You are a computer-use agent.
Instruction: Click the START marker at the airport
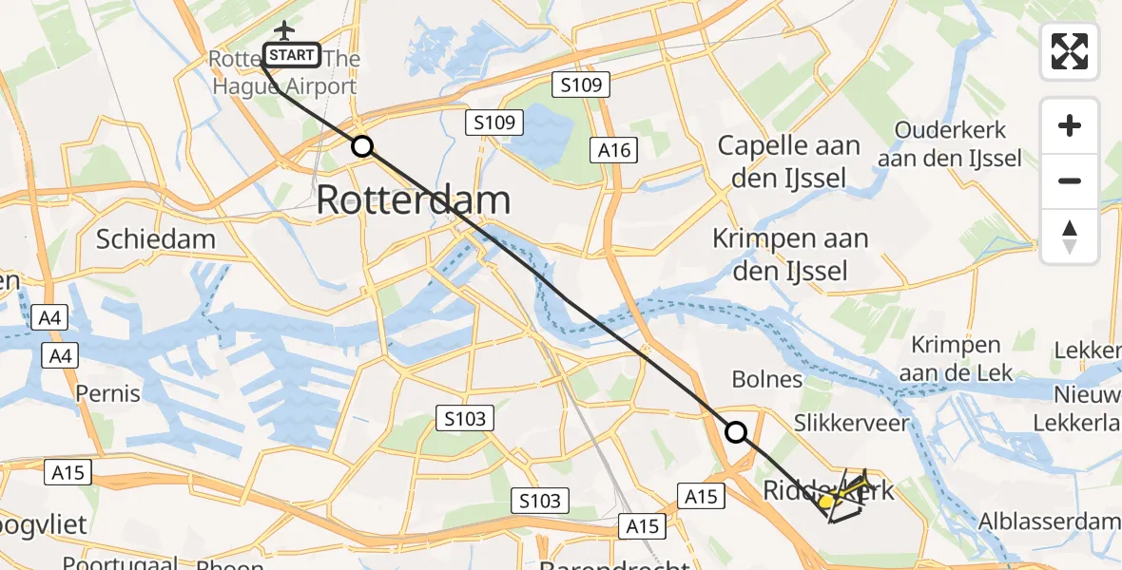click(x=292, y=55)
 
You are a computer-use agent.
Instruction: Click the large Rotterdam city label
click(x=414, y=200)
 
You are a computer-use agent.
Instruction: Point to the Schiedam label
click(x=155, y=238)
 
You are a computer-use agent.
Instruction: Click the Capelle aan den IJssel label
click(x=788, y=161)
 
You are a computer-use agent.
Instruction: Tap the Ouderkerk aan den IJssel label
click(x=949, y=144)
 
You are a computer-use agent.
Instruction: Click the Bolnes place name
click(x=767, y=380)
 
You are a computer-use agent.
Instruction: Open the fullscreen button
click(x=1070, y=51)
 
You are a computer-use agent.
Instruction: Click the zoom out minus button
click(x=1070, y=181)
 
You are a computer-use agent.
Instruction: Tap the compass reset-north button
click(x=1070, y=237)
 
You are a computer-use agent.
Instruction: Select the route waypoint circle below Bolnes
click(x=736, y=432)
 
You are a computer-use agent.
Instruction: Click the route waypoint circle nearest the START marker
click(x=361, y=146)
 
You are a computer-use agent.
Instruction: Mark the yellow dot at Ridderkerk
click(x=826, y=501)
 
